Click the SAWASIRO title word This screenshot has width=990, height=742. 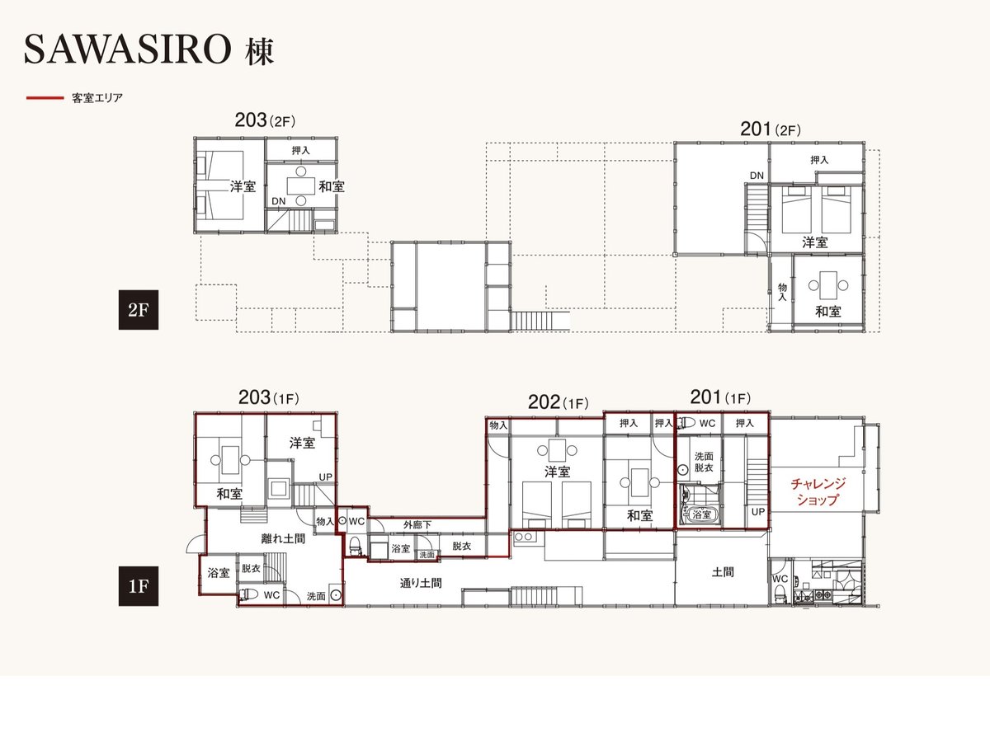[127, 49]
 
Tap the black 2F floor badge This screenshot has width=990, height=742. [139, 310]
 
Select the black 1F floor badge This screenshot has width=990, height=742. [139, 586]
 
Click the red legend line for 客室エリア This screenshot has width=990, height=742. [45, 98]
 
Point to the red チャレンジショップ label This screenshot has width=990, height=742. [818, 491]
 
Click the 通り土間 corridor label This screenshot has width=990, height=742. [421, 583]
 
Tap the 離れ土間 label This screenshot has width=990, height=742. [283, 538]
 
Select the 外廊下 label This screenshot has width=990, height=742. [417, 525]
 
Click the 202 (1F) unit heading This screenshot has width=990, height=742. [559, 402]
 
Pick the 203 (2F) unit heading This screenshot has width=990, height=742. [265, 120]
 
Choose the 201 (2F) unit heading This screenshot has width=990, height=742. [771, 129]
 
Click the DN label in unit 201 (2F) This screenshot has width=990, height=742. [757, 176]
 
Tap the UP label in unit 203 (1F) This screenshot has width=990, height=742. [326, 477]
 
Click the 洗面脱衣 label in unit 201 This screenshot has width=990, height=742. [704, 462]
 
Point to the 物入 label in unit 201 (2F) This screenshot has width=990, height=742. [783, 292]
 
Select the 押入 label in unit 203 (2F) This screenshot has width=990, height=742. [301, 151]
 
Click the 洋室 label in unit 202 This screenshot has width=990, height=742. [557, 472]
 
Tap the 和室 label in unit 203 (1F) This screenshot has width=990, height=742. [229, 494]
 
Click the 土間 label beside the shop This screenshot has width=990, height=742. [723, 572]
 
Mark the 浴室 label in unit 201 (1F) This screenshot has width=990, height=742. [702, 514]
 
